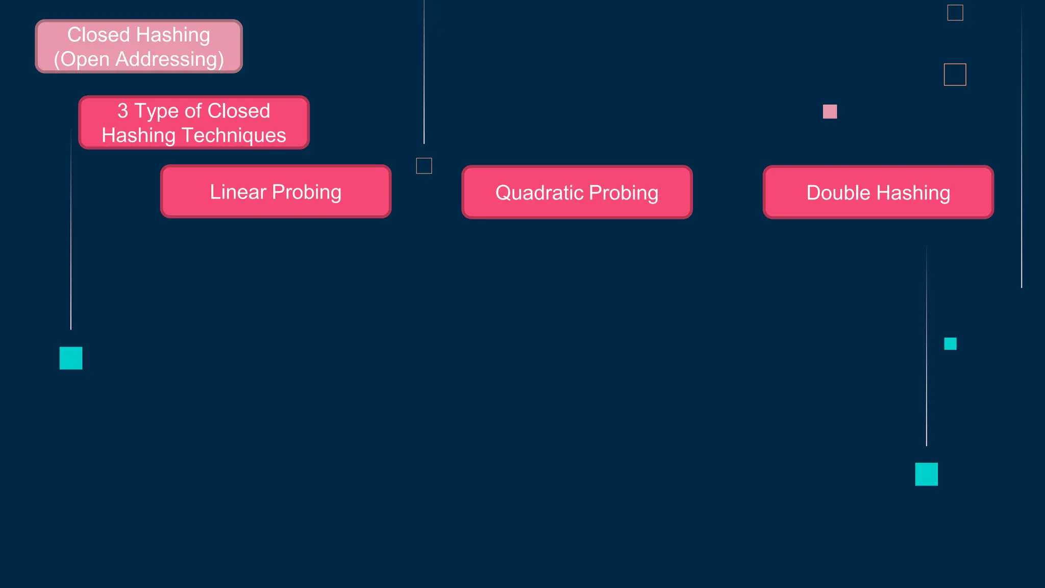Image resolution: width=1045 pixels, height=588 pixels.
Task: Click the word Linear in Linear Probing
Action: [238, 192]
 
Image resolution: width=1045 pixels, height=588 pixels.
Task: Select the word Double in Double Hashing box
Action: [838, 193]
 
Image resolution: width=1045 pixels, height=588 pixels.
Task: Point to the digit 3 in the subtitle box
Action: [122, 111]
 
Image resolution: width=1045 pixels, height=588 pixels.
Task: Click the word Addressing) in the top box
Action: [169, 60]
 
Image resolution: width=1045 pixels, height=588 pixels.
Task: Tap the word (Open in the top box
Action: [81, 60]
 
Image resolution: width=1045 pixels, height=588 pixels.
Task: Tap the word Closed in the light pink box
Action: [98, 35]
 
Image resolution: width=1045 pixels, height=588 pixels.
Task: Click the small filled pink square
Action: [830, 111]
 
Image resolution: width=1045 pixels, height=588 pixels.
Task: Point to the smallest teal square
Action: [950, 344]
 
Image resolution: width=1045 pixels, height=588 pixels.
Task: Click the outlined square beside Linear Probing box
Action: [424, 166]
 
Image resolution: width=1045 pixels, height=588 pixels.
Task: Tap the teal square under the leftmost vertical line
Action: [71, 358]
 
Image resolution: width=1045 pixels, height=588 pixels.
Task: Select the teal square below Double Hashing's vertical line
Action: [926, 474]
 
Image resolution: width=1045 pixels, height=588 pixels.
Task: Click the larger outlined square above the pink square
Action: [955, 75]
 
